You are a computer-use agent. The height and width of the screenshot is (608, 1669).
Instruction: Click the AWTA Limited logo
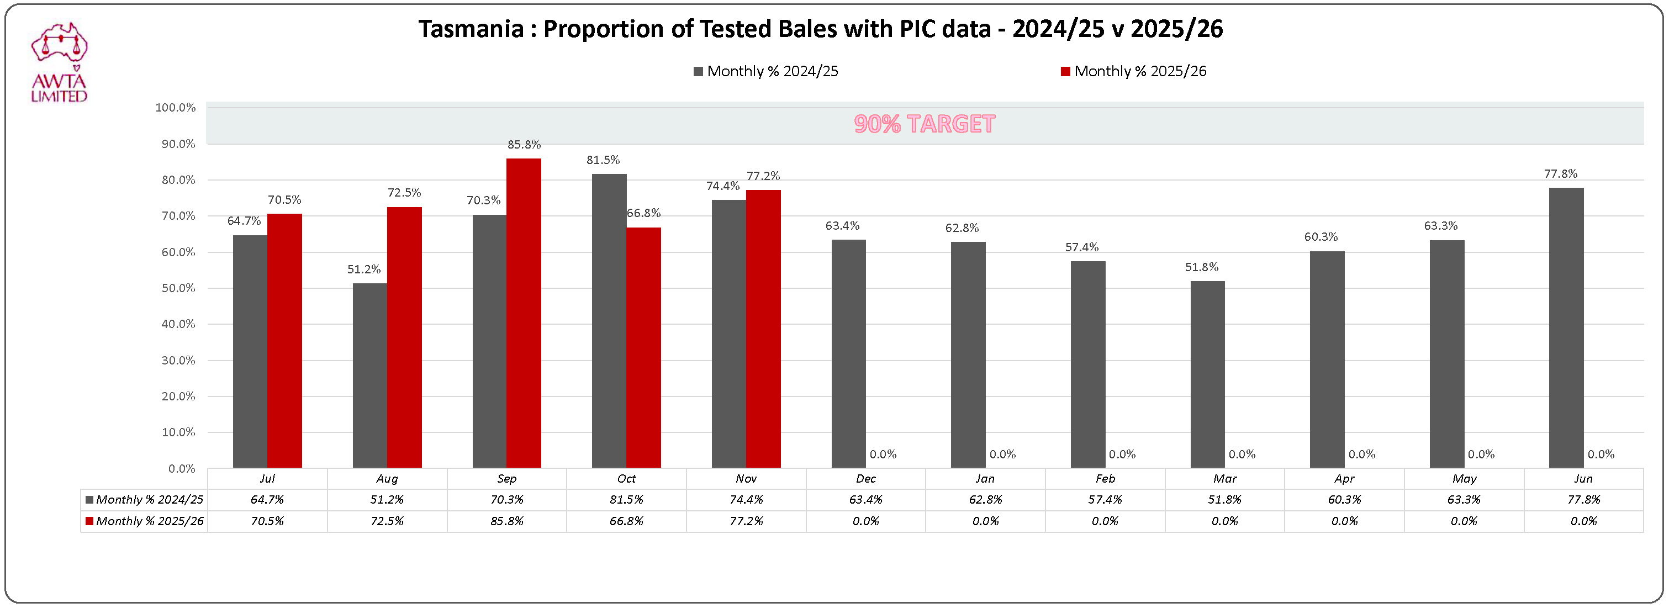pos(59,63)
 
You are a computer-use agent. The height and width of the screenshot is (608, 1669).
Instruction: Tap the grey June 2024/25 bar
pos(1566,327)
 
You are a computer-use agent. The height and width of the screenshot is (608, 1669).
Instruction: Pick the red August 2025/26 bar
pos(404,337)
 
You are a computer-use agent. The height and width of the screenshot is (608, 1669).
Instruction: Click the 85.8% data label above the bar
pos(524,144)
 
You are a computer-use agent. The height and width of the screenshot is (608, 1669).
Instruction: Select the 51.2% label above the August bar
pos(363,269)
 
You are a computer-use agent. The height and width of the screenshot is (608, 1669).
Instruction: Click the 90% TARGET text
pos(924,124)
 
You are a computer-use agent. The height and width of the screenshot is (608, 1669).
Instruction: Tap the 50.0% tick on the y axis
pos(178,288)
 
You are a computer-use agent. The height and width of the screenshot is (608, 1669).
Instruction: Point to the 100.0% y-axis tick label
pos(175,108)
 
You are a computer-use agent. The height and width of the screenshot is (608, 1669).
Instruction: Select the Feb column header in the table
pos(1105,478)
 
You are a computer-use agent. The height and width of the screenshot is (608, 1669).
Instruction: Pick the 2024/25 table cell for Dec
pos(865,500)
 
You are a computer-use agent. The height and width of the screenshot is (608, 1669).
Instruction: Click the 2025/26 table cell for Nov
pos(746,521)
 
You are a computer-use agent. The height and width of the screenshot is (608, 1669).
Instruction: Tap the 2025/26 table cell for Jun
pos(1583,521)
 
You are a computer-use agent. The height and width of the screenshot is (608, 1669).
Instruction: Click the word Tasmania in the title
pos(471,29)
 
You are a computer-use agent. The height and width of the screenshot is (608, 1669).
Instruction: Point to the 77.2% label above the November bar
pos(763,176)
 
